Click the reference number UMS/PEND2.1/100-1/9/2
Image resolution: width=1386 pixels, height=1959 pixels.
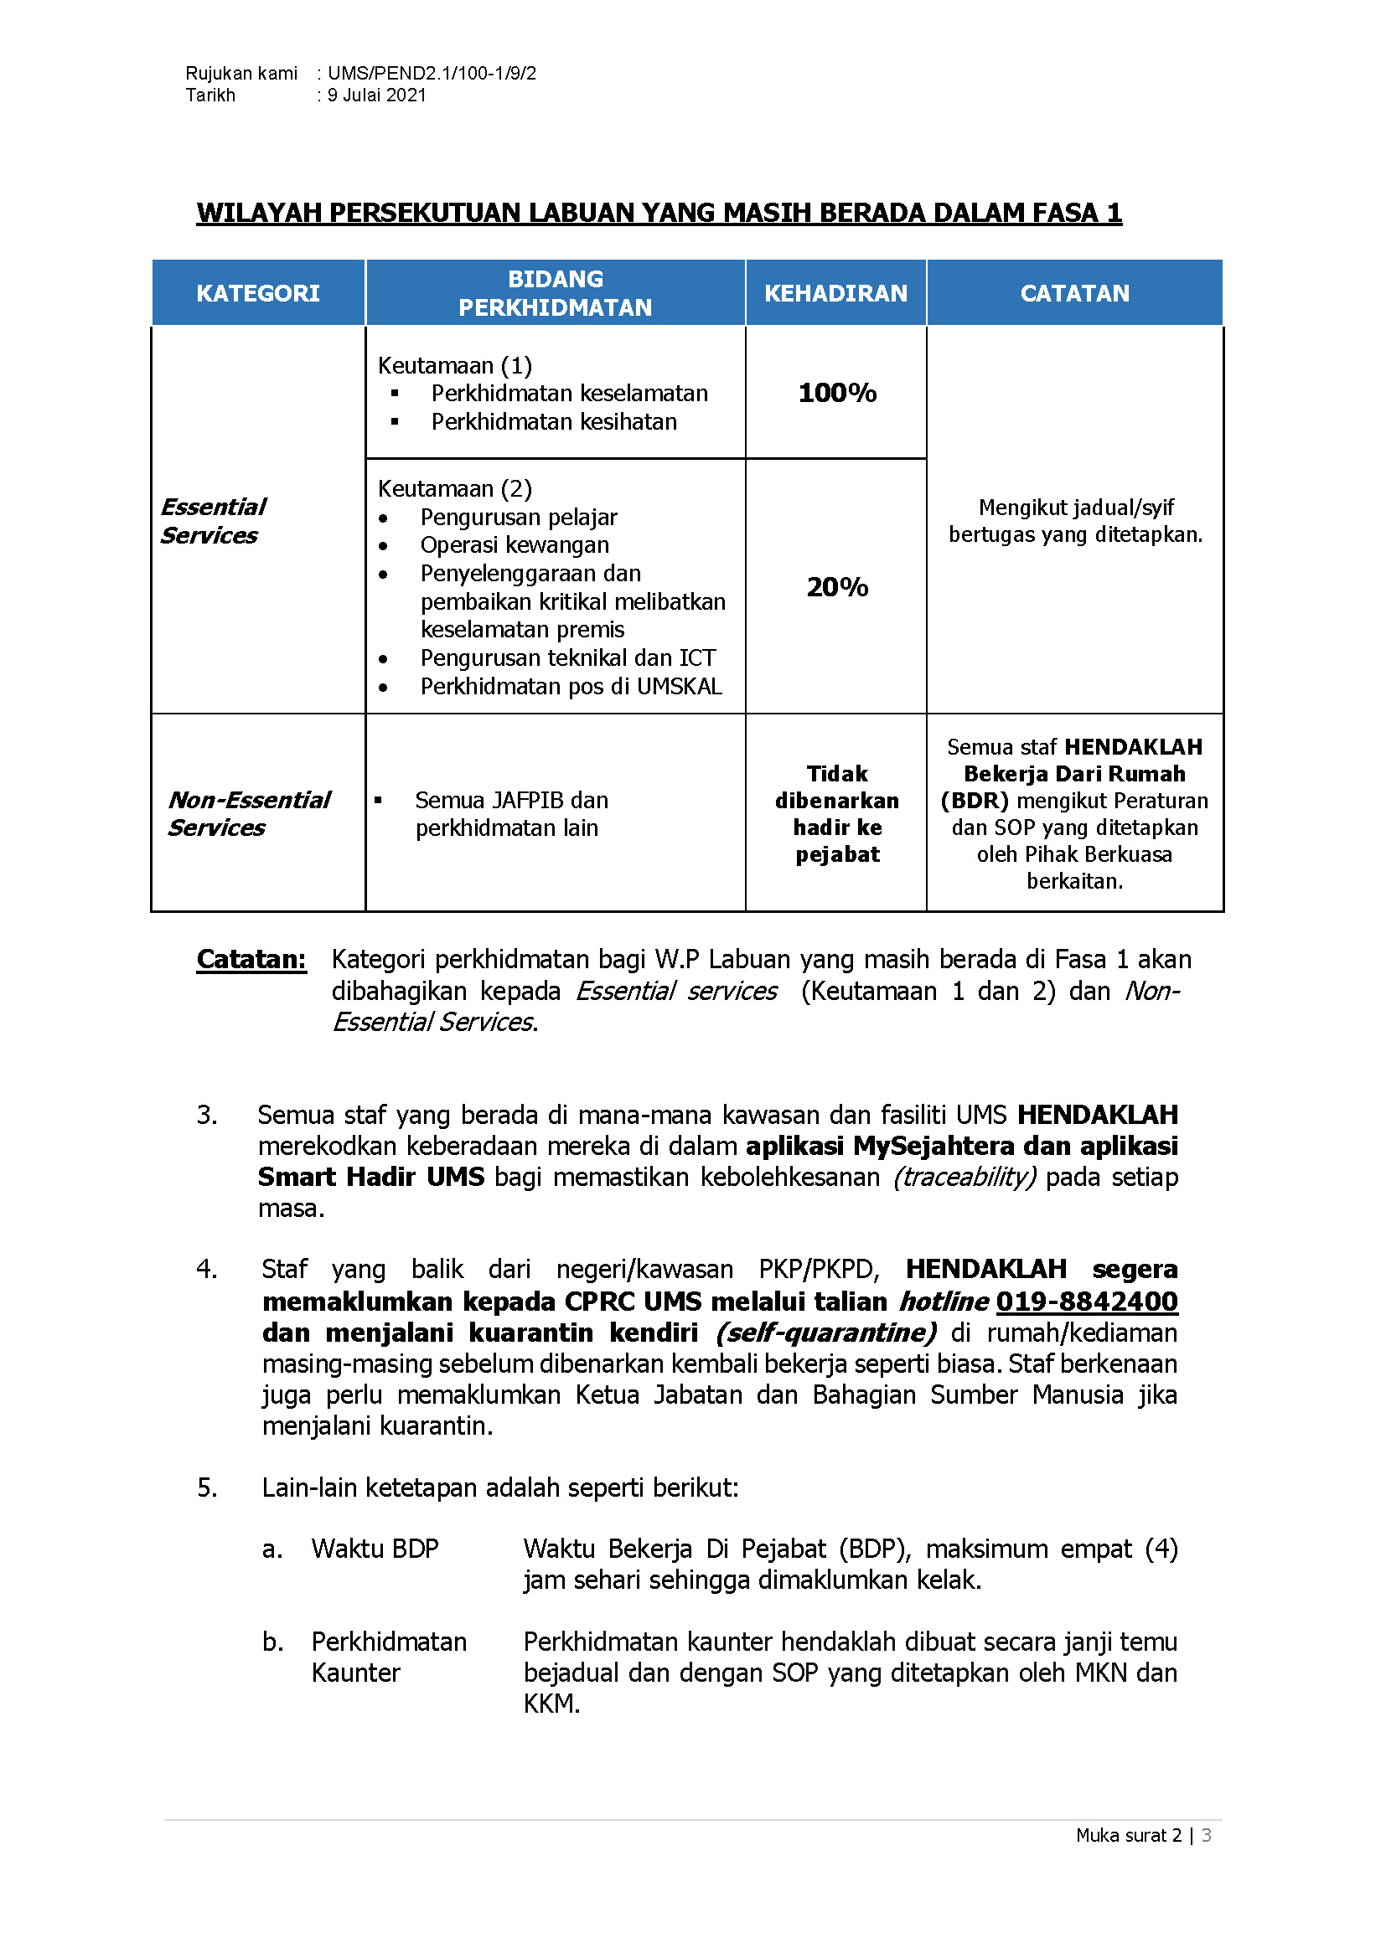pos(432,74)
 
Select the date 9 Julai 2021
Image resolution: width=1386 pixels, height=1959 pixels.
pos(376,95)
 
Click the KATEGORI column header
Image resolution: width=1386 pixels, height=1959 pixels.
pos(258,293)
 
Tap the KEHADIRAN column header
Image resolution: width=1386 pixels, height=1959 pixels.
pos(835,293)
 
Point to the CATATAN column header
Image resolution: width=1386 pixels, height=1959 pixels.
pos(1074,293)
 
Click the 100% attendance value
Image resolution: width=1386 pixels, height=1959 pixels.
pos(837,393)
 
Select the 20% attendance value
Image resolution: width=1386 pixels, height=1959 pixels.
pos(837,587)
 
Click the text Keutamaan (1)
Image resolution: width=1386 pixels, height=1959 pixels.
pos(455,365)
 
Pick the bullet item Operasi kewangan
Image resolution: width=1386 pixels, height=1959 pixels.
pos(515,544)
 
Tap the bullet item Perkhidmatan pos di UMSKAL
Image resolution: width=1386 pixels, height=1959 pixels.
pos(571,686)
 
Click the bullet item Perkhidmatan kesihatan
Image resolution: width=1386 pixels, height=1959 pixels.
pos(554,421)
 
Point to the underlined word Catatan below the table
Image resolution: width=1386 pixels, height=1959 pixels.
pos(251,959)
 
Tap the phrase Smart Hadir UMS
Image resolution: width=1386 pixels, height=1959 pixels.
pos(370,1177)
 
